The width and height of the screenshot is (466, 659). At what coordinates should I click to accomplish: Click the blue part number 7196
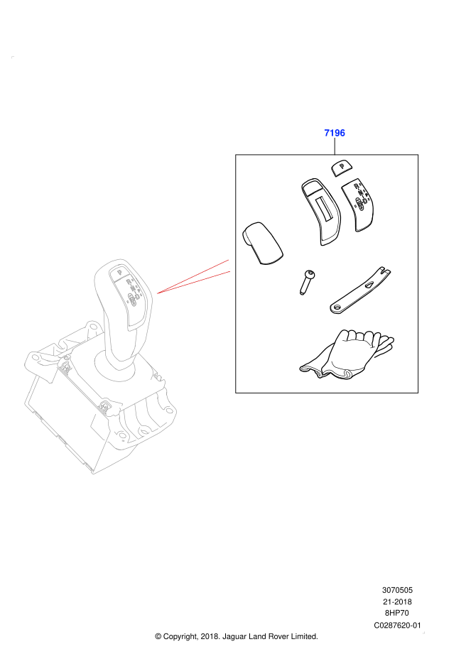click(335, 133)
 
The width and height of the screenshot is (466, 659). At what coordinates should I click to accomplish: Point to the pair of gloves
click(347, 354)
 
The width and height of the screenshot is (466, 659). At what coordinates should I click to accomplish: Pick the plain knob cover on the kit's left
click(262, 243)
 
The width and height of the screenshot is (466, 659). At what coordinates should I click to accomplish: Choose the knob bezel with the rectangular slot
click(321, 212)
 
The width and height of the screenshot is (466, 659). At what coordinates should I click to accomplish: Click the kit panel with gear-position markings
click(358, 205)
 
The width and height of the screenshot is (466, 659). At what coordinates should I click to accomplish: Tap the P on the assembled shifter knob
click(119, 272)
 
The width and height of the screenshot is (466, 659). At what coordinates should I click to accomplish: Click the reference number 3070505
click(397, 590)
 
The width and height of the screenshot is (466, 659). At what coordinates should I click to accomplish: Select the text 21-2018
click(397, 601)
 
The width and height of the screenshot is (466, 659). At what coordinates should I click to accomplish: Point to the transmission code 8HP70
click(397, 613)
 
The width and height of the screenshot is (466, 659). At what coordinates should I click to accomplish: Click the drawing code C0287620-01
click(397, 625)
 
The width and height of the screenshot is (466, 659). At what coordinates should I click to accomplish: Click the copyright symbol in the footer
click(158, 637)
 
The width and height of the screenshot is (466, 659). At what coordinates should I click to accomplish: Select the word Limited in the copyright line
click(304, 636)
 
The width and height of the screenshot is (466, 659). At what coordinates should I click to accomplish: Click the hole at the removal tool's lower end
click(337, 307)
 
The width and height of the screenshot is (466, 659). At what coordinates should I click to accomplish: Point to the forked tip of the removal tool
click(385, 271)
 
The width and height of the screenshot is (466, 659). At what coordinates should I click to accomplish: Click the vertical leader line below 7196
click(335, 146)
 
